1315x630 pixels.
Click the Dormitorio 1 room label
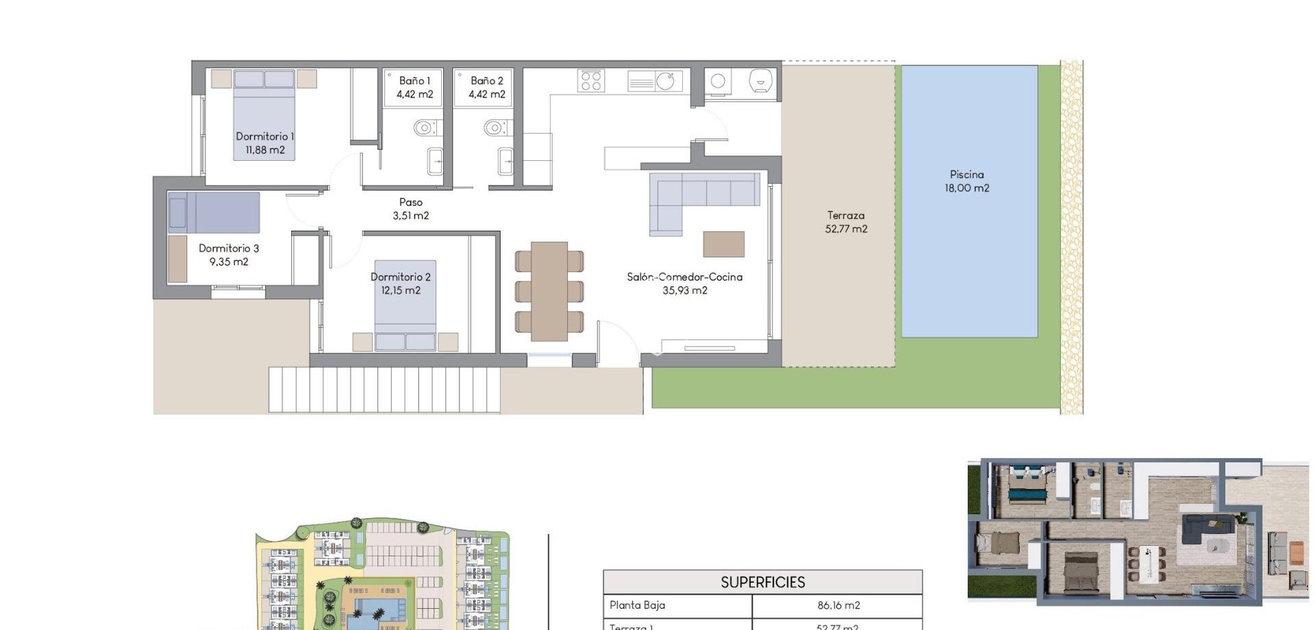pos(264,143)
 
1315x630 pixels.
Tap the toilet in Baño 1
pos(425,128)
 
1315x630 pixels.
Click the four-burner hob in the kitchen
pos(591,81)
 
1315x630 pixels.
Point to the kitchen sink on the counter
pos(665,81)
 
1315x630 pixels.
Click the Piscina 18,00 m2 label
pos(966,181)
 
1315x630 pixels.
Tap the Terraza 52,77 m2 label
pos(846,223)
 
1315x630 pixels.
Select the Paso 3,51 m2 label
pos(411,209)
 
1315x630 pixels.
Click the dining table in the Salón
pos(549,291)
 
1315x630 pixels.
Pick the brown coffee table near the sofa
pos(723,244)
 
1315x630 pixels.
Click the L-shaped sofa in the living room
pos(692,195)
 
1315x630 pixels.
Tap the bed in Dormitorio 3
pos(214,212)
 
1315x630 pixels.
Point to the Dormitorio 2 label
pos(401,283)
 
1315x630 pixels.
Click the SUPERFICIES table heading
pos(762,582)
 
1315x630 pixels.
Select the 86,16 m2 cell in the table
pos(838,605)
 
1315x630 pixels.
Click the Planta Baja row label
pos(637,605)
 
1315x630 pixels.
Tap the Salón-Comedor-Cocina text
pos(684,277)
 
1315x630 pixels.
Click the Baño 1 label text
pos(414,81)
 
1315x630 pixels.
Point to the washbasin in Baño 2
pos(505,162)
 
